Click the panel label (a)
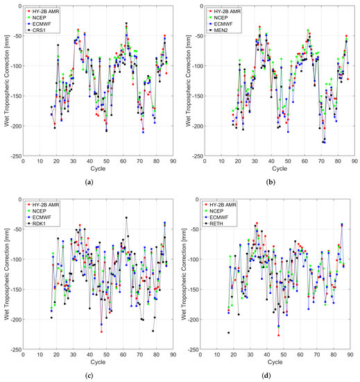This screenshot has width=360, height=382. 88,181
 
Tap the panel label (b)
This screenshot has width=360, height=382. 271,181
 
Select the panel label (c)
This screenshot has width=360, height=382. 88,375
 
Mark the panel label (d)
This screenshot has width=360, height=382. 271,375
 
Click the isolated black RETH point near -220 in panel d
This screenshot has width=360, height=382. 229,333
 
